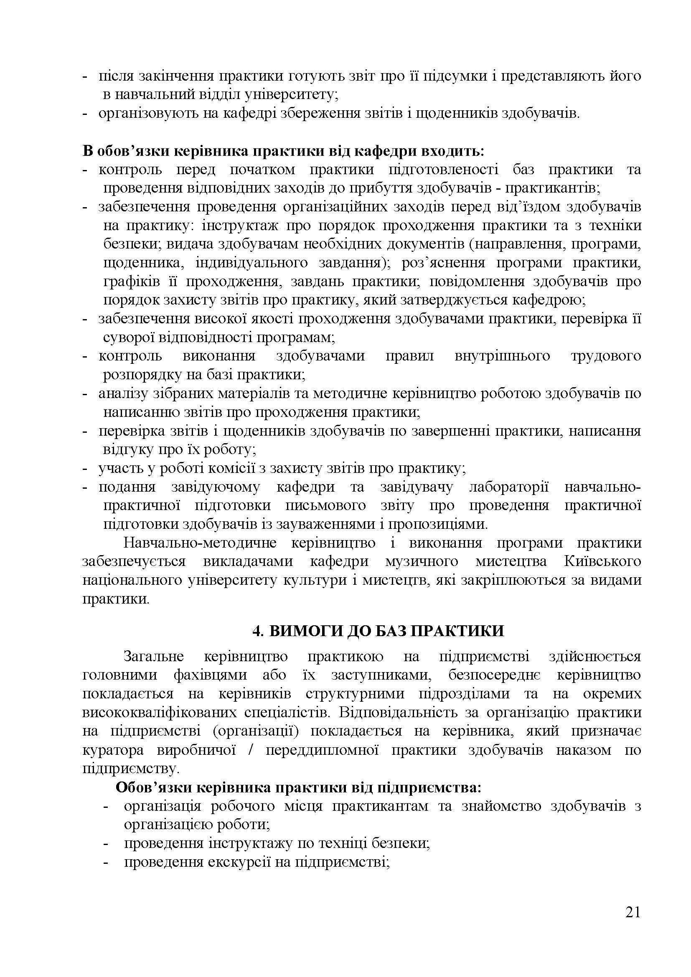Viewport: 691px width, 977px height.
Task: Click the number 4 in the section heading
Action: [256, 631]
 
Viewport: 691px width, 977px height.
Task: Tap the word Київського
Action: [602, 562]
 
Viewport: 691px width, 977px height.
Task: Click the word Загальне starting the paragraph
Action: [154, 657]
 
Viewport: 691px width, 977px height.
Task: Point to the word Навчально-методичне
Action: [200, 543]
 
